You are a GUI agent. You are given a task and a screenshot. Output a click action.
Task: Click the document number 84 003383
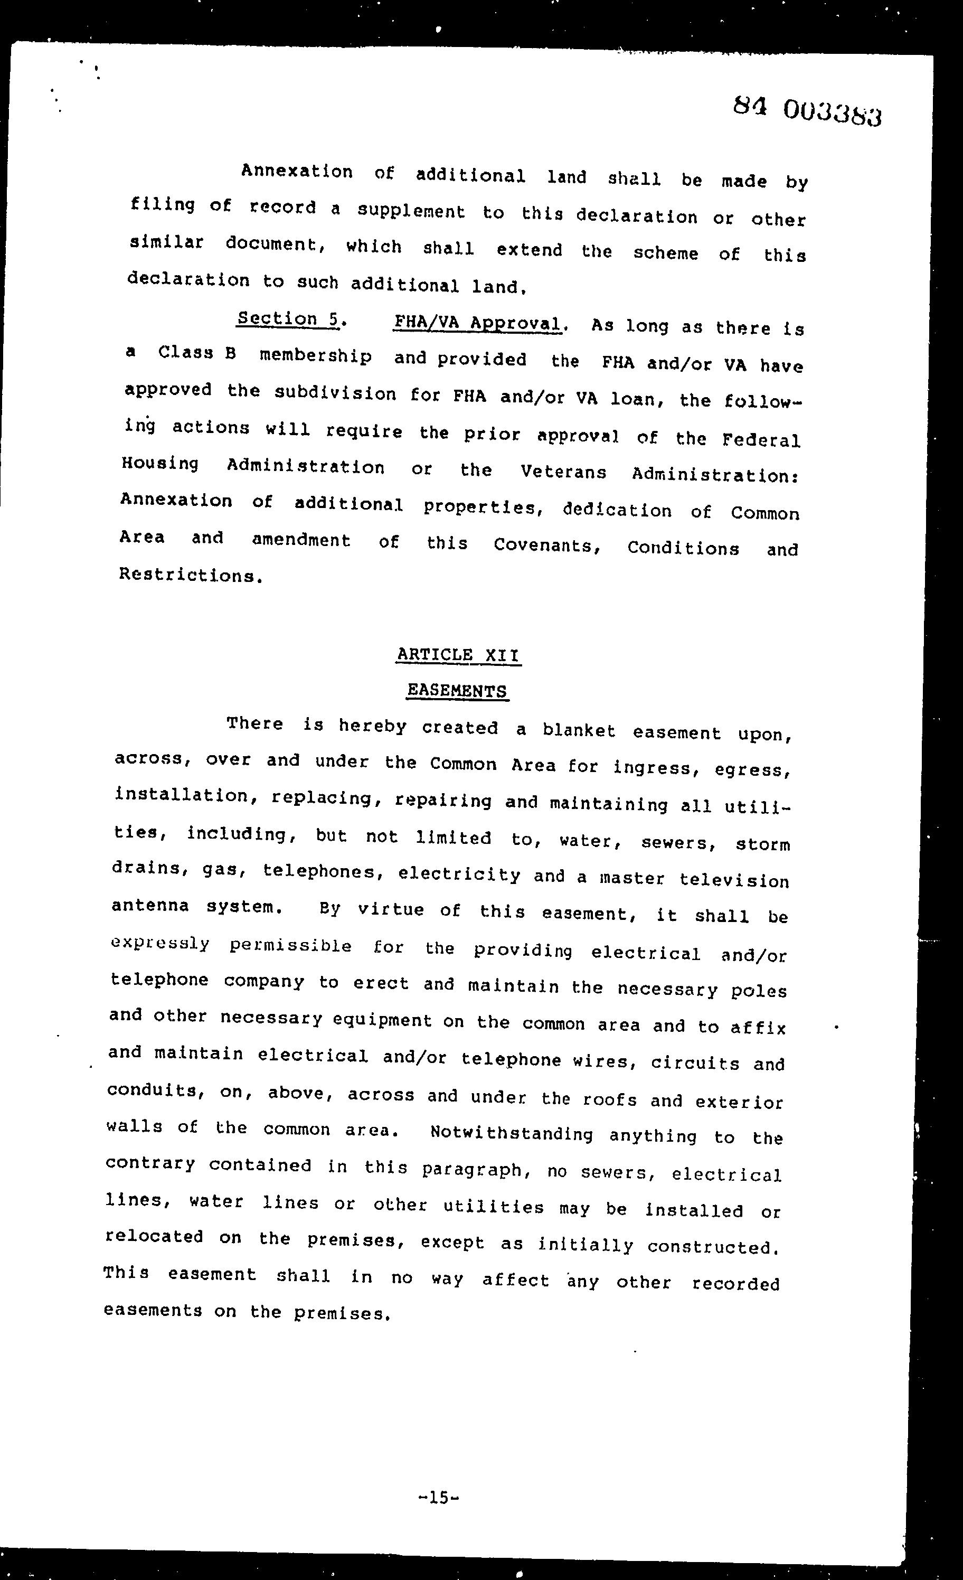(807, 111)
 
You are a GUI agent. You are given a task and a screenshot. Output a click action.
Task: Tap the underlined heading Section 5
(288, 319)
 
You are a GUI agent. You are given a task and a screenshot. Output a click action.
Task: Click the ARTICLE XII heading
(458, 655)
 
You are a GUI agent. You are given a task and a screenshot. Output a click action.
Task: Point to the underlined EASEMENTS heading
(457, 691)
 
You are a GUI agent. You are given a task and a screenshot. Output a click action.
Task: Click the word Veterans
(563, 473)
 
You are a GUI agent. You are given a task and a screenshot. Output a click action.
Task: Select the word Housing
(160, 464)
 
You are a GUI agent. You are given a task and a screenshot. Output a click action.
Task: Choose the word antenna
(150, 906)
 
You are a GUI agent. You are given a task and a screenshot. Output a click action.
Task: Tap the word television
(734, 880)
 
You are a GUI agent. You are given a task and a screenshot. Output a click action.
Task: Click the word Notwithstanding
(512, 1133)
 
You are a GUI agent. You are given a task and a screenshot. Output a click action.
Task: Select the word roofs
(610, 1099)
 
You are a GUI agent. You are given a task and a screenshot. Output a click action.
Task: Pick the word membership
(315, 356)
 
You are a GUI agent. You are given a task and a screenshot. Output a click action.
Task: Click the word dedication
(617, 511)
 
